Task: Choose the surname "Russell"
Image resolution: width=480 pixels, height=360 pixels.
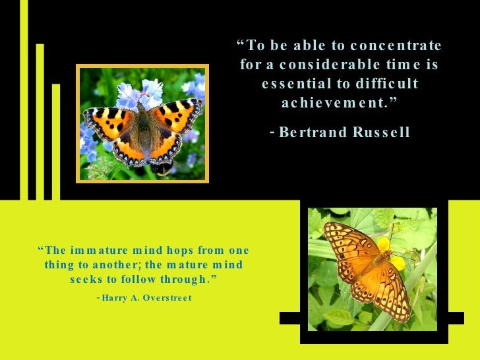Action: pyautogui.click(x=382, y=133)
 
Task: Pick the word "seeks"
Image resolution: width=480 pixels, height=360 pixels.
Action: pyautogui.click(x=86, y=280)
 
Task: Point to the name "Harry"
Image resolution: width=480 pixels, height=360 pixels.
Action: pyautogui.click(x=116, y=298)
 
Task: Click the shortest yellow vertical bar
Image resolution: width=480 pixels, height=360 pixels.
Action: pyautogui.click(x=56, y=142)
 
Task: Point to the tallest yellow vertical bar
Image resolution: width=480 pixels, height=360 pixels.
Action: pyautogui.click(x=24, y=99)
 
